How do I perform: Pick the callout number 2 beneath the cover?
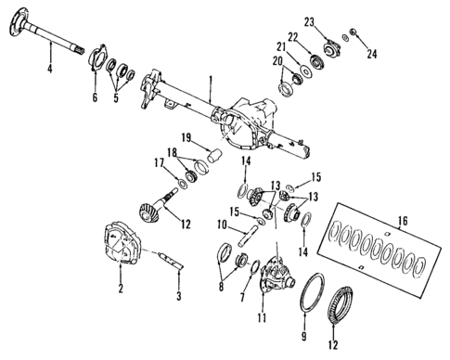click(121, 290)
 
